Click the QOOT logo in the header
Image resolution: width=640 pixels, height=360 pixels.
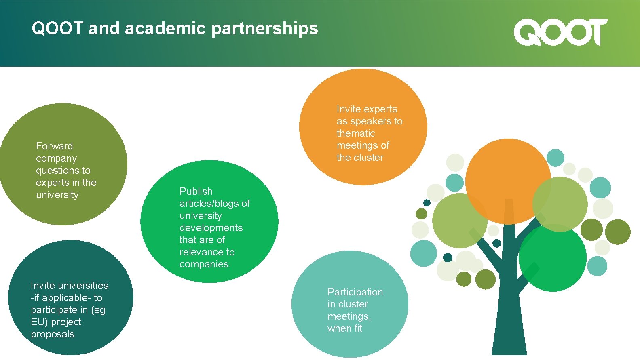click(x=560, y=32)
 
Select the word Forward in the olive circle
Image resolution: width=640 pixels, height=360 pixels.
click(x=55, y=146)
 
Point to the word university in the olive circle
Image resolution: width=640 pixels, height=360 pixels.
click(x=57, y=195)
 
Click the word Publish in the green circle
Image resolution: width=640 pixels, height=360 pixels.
click(x=196, y=192)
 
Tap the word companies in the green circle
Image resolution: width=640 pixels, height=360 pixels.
click(x=204, y=264)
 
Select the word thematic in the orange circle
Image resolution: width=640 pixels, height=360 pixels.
click(x=356, y=133)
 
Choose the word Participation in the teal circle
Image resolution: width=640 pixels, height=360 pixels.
click(x=355, y=292)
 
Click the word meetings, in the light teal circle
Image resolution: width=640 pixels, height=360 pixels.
click(x=349, y=316)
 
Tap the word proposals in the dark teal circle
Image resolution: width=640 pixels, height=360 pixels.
click(x=53, y=334)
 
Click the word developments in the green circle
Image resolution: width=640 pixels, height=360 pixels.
click(x=211, y=228)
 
